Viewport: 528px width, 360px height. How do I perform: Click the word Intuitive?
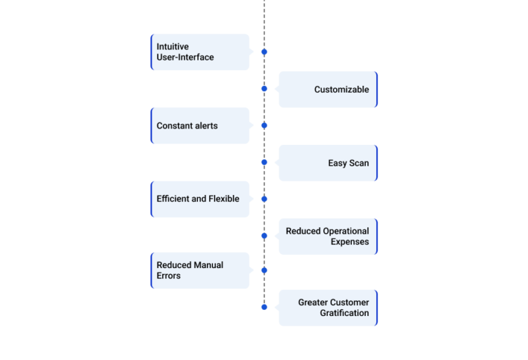(173, 47)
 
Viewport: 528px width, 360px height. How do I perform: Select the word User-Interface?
(185, 57)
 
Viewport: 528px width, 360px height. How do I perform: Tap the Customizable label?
(342, 89)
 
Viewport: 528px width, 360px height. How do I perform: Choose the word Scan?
(359, 164)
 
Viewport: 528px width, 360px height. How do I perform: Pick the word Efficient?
(173, 199)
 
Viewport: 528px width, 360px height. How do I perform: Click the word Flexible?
(224, 199)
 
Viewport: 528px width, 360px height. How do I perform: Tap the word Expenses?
(349, 242)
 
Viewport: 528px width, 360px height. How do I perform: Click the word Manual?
(208, 265)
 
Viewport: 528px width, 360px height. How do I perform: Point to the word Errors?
(168, 276)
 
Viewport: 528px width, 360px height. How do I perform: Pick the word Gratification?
(344, 313)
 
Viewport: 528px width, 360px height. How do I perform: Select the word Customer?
(352, 302)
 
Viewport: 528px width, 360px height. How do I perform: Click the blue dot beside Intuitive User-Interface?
(264, 52)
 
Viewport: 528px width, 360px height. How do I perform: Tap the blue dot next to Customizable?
(264, 89)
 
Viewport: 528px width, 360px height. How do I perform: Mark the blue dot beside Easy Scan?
(264, 162)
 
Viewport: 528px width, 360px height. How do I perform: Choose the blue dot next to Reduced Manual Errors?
(264, 270)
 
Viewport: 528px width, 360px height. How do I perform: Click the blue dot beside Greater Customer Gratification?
(264, 307)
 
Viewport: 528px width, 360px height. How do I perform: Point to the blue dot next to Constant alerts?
(264, 126)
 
